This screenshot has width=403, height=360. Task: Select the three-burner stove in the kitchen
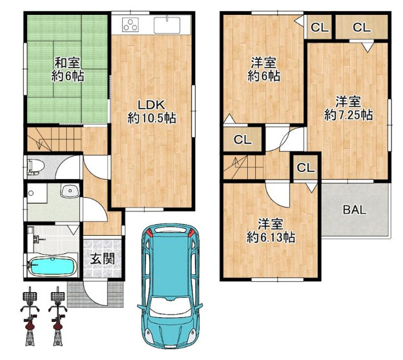[130, 25]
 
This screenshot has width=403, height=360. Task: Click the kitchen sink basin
[167, 25]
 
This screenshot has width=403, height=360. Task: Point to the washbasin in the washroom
[69, 191]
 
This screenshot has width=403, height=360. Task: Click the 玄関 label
[103, 259]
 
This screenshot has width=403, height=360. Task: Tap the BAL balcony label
[355, 210]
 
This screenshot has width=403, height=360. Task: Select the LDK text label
[151, 105]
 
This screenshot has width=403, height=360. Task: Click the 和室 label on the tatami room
[67, 63]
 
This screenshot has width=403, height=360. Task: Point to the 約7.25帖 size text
[349, 114]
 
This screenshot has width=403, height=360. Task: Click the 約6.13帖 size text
[271, 237]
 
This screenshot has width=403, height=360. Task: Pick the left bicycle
[30, 316]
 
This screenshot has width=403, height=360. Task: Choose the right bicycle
[58, 316]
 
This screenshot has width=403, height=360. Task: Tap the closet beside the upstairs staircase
[305, 167]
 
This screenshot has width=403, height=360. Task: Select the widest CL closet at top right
[362, 27]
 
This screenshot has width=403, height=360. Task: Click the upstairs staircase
[243, 167]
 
